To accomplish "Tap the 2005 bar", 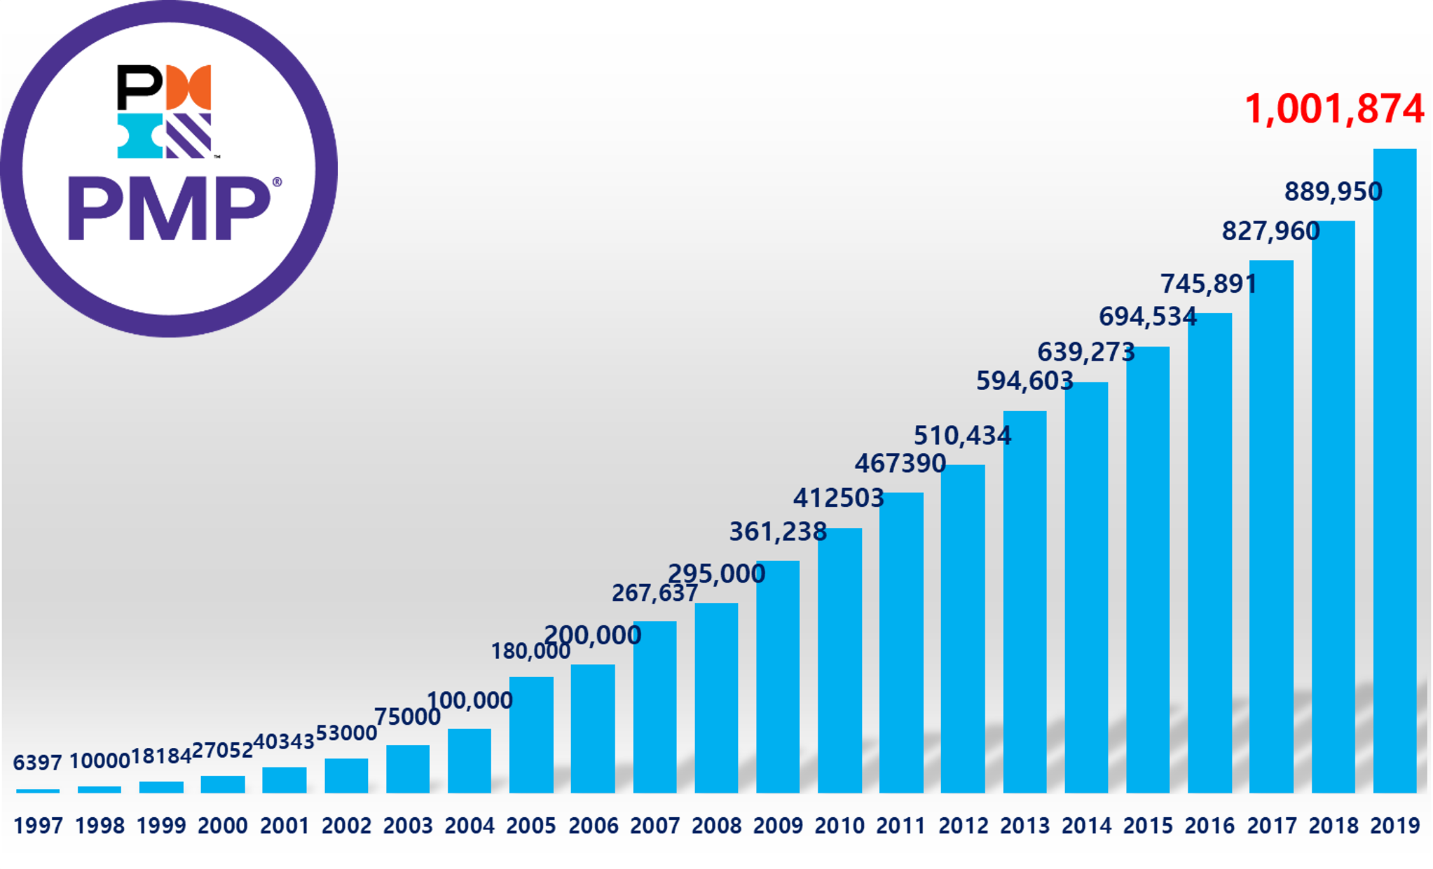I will pos(531,735).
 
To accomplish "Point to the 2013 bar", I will pos(1024,602).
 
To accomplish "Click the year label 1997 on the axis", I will pos(39,826).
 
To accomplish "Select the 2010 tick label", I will pos(839,826).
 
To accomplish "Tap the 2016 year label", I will pos(1209,826).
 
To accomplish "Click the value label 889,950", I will pos(1333,192).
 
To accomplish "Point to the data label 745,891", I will pos(1209,284).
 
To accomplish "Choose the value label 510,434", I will pos(962,436).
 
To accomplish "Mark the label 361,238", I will pos(778,531).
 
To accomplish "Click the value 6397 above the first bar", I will pos(38,763).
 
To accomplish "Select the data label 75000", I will pos(407,717).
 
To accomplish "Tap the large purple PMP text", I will pos(168,209).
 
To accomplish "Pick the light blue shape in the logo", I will pos(139,136).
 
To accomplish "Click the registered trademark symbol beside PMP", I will pos(277,182).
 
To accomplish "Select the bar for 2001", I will pos(284,780).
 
